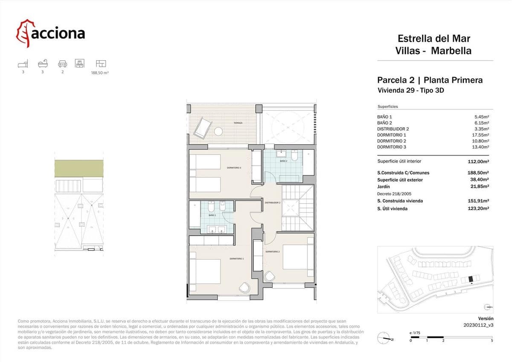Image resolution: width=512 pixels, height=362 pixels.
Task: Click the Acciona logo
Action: point(50,33)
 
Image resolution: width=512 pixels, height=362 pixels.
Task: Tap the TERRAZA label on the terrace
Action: point(238,123)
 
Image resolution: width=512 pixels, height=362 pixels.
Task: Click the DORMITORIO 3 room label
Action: point(234,168)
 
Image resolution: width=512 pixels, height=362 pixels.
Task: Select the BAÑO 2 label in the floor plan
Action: point(284,161)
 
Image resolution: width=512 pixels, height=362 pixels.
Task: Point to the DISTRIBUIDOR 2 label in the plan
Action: point(272,202)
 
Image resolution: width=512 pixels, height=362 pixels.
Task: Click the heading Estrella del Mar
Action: point(434,39)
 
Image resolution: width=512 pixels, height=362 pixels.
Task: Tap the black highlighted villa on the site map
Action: point(471,279)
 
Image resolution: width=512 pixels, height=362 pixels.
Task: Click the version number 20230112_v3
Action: point(478,325)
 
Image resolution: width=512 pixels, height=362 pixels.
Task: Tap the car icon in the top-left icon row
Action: point(62,64)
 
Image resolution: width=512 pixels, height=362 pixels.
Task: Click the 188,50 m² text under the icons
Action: point(100,73)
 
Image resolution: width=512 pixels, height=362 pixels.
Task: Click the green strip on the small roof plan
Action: point(79,168)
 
